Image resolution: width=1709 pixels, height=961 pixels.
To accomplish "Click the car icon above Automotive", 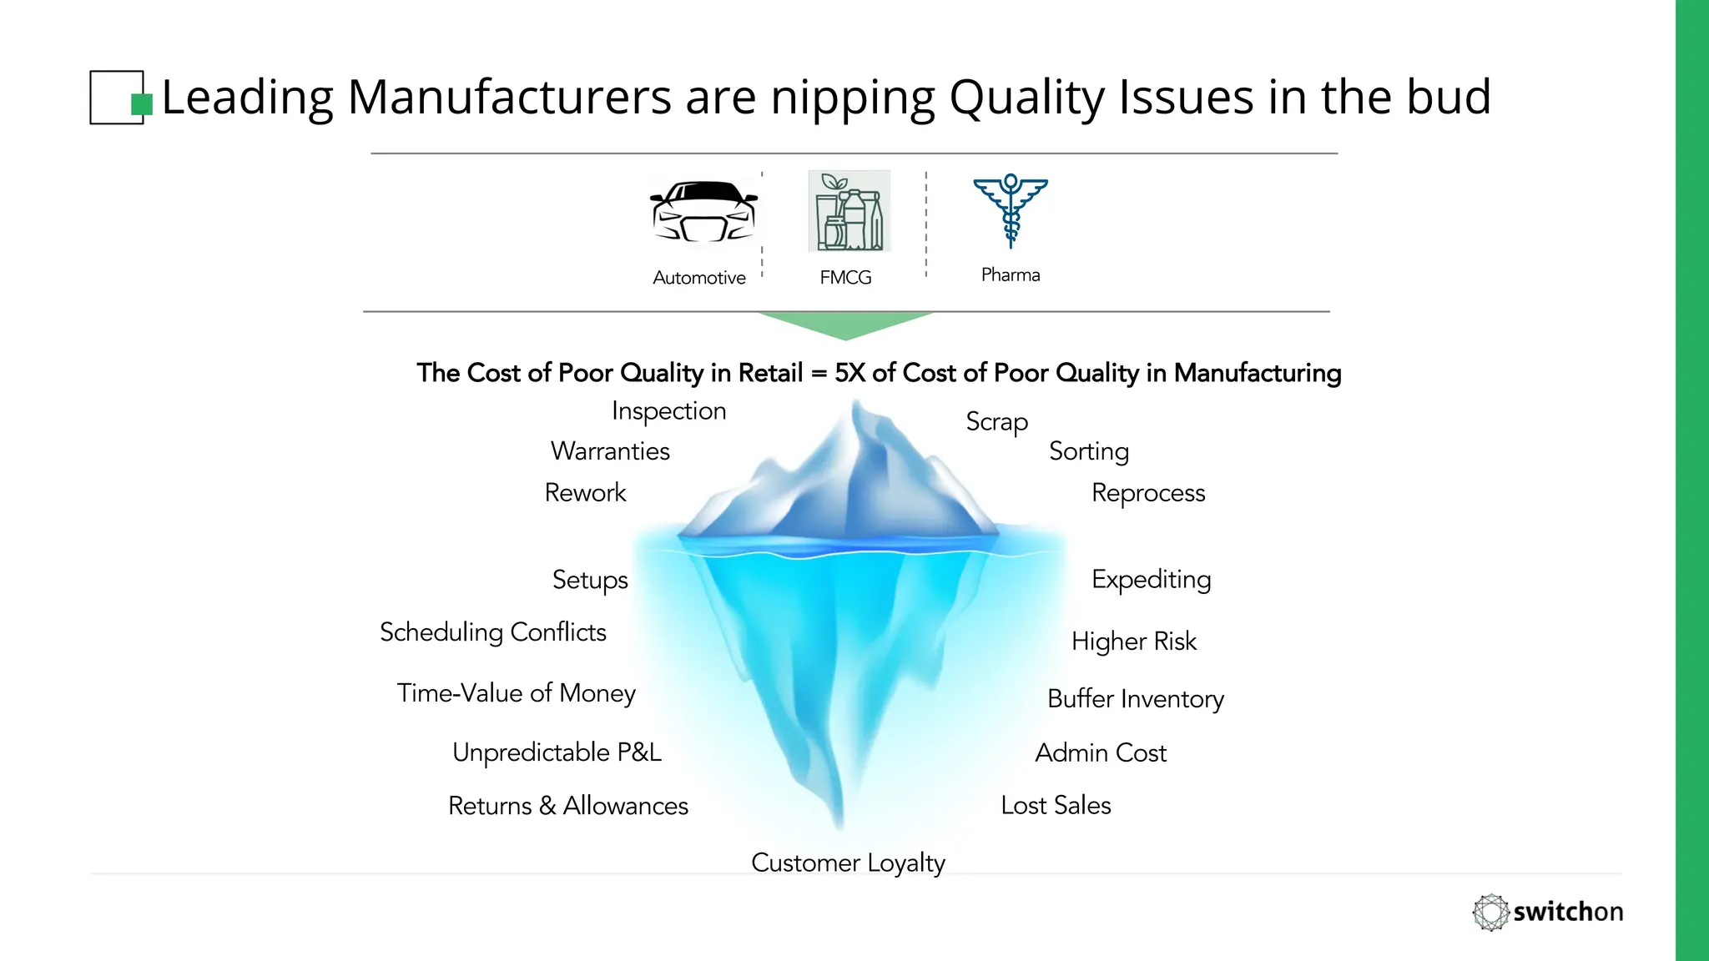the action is pyautogui.click(x=704, y=212).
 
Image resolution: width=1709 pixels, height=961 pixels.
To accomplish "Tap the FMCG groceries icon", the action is pyautogui.click(x=849, y=211).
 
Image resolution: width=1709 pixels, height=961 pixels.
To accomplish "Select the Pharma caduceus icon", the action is pyautogui.click(x=1011, y=210).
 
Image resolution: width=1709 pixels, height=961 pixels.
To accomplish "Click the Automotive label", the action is pyautogui.click(x=699, y=278).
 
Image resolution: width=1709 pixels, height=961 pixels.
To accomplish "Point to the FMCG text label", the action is pyautogui.click(x=845, y=278).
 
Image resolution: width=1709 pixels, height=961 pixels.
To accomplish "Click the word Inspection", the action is pyautogui.click(x=668, y=411).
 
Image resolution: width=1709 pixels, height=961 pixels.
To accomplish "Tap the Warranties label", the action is pyautogui.click(x=610, y=451).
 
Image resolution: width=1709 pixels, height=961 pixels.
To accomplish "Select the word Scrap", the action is pyautogui.click(x=996, y=422).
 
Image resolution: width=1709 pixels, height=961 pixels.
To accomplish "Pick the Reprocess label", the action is pyautogui.click(x=1148, y=493).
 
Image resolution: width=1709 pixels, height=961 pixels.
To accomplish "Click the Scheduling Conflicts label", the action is pyautogui.click(x=493, y=632).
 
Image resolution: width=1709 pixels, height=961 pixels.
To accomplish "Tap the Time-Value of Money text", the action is pyautogui.click(x=517, y=693).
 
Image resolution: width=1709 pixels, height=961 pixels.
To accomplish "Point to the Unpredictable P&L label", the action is pyautogui.click(x=557, y=752).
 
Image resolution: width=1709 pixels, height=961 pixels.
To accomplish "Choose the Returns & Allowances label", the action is pyautogui.click(x=568, y=806).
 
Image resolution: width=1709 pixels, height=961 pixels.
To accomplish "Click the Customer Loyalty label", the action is pyautogui.click(x=848, y=863).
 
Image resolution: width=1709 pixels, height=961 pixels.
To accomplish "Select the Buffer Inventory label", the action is pyautogui.click(x=1136, y=699).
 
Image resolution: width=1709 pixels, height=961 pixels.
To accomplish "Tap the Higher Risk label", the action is pyautogui.click(x=1134, y=642).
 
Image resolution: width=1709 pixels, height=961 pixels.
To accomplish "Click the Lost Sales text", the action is pyautogui.click(x=1056, y=806).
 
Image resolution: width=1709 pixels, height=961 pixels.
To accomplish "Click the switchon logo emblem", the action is pyautogui.click(x=1490, y=912).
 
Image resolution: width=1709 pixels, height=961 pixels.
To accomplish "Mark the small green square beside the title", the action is pyautogui.click(x=142, y=104).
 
